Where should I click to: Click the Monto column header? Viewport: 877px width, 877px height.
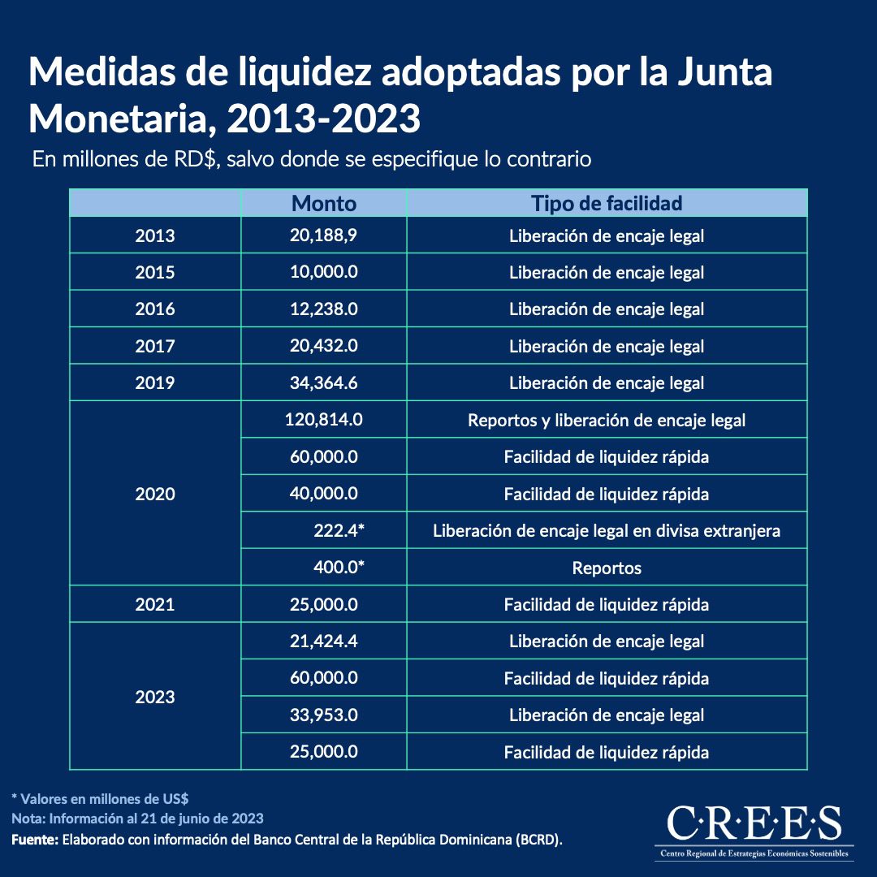coord(323,203)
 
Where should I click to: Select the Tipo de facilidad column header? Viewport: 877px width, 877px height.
coord(606,203)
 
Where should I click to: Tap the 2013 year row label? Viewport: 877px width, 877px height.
coord(154,235)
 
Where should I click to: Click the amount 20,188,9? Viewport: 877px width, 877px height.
coord(323,235)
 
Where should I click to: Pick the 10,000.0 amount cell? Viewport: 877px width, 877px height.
coord(323,272)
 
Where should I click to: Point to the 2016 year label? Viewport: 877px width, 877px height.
coord(154,309)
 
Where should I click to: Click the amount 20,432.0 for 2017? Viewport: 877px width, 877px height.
coord(323,346)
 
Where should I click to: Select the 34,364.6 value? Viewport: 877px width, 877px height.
coord(323,382)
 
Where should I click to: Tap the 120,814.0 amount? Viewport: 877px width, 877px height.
coord(323,420)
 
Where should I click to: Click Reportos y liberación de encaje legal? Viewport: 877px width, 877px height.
coord(606,421)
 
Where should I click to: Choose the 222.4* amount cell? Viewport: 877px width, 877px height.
coord(339,531)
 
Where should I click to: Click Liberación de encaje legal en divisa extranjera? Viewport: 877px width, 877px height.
coord(606,531)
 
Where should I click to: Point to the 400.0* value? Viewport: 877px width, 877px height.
coord(339,568)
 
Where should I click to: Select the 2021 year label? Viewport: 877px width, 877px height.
coord(154,605)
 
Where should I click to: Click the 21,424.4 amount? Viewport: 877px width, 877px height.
coord(323,642)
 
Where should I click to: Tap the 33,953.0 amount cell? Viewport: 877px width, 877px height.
coord(323,715)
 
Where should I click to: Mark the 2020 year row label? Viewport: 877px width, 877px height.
coord(154,494)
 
